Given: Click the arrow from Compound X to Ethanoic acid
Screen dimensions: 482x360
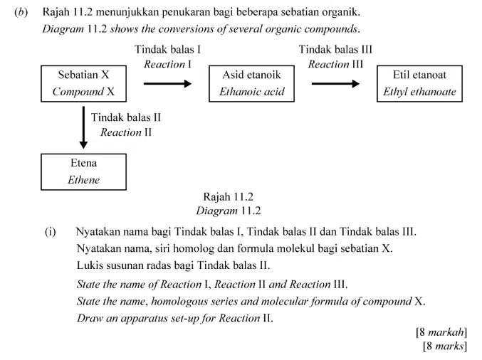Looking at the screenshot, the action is [167, 83].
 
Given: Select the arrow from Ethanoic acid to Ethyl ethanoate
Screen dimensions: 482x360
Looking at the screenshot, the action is [335, 83].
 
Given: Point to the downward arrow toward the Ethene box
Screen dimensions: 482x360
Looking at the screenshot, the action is [83, 127].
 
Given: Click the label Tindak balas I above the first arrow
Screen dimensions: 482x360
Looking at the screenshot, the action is [167, 50].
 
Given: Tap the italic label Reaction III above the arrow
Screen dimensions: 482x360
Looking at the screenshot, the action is [335, 64].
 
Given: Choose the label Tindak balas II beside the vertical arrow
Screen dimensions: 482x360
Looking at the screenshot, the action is [126, 117].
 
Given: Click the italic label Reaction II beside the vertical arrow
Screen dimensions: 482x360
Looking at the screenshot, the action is [126, 132].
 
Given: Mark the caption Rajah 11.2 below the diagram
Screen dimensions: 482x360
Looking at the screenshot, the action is [228, 196].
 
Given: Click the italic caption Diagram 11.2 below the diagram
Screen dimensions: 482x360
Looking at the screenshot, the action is [229, 211].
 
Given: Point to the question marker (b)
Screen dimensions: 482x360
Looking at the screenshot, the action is [21, 12].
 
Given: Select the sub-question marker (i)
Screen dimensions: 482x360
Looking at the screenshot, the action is [51, 232].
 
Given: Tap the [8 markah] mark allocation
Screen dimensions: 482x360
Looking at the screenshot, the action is [441, 332].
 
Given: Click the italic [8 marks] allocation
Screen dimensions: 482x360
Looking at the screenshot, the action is [445, 346].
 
